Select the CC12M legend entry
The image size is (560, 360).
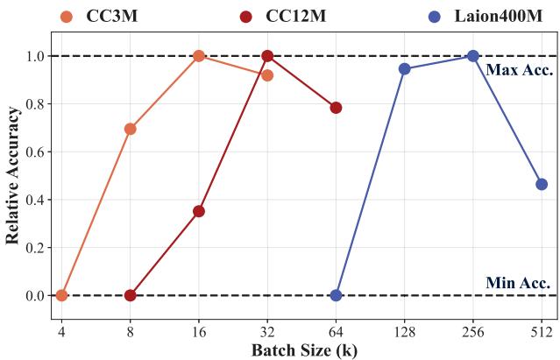(280, 16)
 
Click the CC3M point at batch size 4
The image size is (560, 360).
(61, 295)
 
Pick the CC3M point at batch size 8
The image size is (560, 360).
(131, 129)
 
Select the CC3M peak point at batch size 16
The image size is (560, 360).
(199, 56)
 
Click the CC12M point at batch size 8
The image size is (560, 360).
(131, 295)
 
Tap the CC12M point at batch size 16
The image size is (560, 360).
(199, 211)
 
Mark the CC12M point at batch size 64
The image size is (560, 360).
(336, 108)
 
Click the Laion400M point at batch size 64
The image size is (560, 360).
(336, 295)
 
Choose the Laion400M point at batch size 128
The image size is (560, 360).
(404, 68)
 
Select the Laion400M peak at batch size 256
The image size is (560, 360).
(473, 56)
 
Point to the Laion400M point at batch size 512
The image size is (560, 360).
(542, 184)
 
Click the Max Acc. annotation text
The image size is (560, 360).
(518, 70)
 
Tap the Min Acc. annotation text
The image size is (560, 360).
(518, 282)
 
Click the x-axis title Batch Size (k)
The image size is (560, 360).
(304, 350)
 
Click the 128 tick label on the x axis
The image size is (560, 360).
(404, 333)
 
